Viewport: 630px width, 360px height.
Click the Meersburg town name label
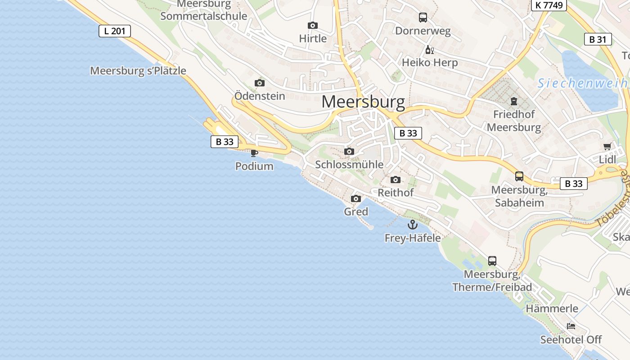(x=363, y=102)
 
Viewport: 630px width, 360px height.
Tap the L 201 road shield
(x=115, y=31)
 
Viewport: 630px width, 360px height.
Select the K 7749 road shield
(x=549, y=5)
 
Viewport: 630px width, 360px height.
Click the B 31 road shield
(x=598, y=39)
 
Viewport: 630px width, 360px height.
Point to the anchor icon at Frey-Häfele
(x=413, y=225)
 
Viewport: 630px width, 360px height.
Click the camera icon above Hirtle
(x=313, y=26)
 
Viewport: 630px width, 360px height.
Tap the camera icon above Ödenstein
(x=260, y=83)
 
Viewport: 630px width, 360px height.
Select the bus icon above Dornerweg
(x=423, y=18)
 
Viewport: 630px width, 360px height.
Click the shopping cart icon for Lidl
(x=607, y=147)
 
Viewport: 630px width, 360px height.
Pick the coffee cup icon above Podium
(x=254, y=153)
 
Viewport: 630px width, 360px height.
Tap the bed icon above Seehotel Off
(x=571, y=326)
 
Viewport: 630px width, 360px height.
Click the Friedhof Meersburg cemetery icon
(x=514, y=101)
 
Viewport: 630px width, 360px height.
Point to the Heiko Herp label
(x=430, y=63)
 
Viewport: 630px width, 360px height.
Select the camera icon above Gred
(x=356, y=198)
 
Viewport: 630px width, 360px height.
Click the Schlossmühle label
(x=349, y=164)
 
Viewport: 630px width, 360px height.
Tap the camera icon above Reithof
(x=396, y=180)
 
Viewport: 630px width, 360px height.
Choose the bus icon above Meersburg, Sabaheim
(x=519, y=176)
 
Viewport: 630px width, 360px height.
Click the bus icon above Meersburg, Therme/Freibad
(x=492, y=261)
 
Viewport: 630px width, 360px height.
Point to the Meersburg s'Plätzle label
(x=138, y=71)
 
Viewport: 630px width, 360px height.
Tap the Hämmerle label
(x=552, y=309)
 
